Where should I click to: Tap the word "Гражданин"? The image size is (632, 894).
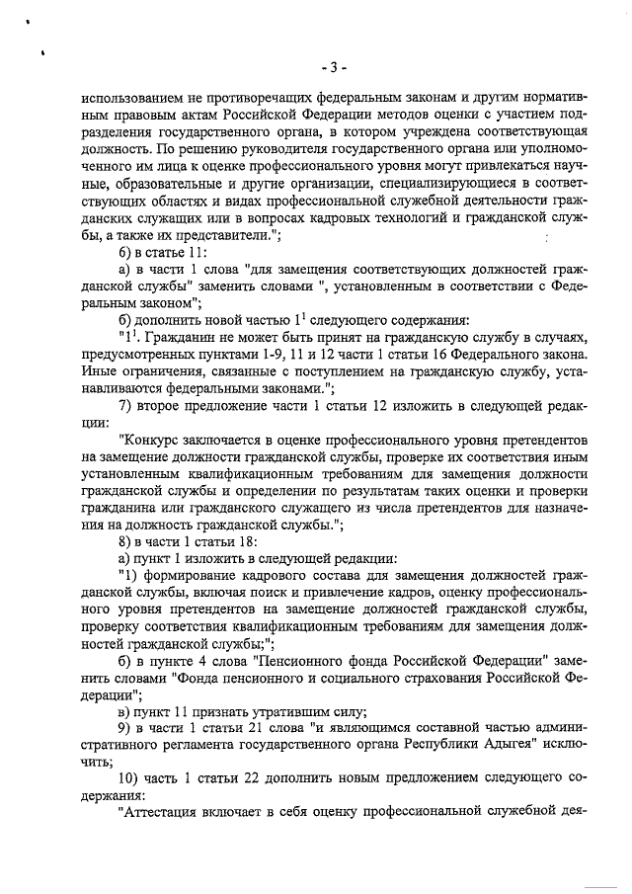[x=186, y=337]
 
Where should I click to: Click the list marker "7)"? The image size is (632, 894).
[x=125, y=409]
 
